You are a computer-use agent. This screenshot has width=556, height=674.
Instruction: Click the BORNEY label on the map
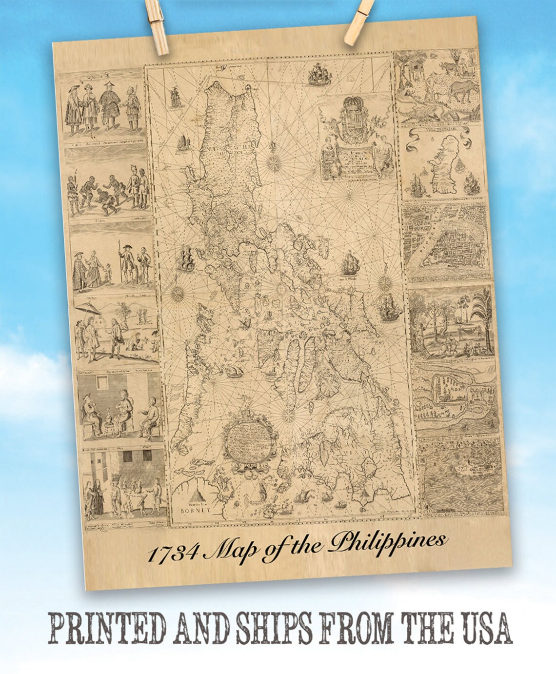pos(195,510)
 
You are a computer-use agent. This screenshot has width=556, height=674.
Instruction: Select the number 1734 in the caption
pos(172,553)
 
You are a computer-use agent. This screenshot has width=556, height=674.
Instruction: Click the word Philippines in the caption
pos(386,541)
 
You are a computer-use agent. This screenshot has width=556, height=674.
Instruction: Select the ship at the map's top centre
pos(318,75)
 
